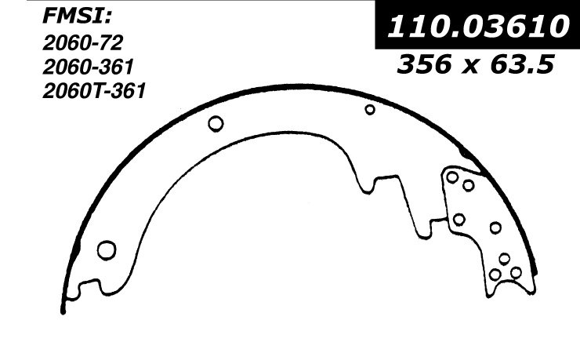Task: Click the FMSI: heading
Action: [77, 16]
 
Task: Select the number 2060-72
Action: [83, 43]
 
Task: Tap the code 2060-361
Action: [88, 67]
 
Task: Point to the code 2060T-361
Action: [94, 91]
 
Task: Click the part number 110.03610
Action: [477, 27]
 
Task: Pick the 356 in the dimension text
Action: [424, 64]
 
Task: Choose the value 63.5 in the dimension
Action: [522, 64]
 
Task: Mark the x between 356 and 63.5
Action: [471, 67]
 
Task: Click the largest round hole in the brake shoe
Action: [107, 250]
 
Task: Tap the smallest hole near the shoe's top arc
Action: [370, 110]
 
